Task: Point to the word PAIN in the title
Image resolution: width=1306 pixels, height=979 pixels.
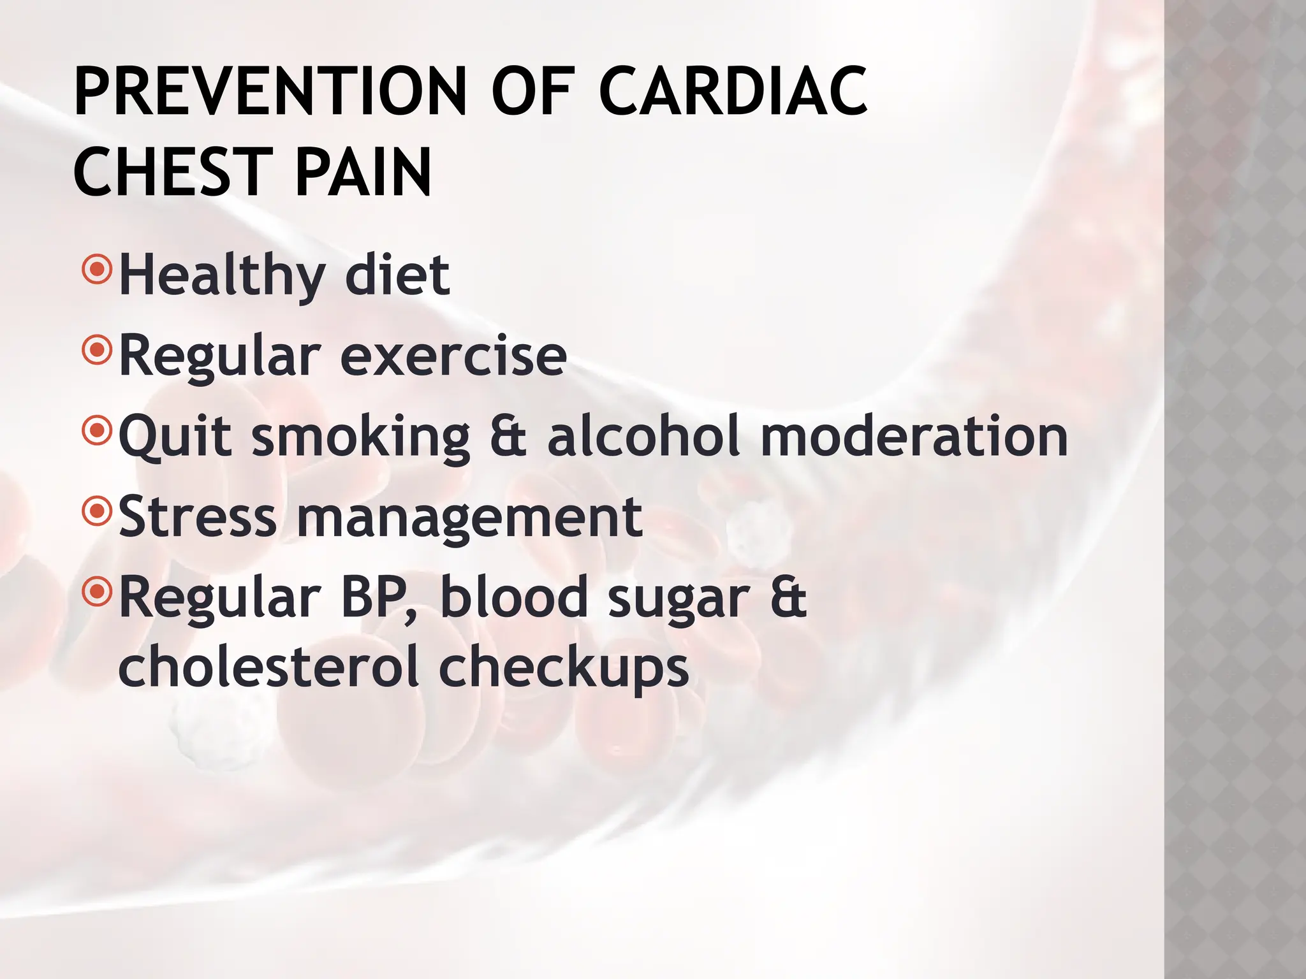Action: pos(363,172)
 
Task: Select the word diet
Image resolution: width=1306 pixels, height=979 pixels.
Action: pos(397,275)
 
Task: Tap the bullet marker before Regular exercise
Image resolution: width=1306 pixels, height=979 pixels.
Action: pos(97,349)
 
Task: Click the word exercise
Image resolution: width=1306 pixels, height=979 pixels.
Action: pos(453,357)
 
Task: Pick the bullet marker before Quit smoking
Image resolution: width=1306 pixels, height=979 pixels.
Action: pos(97,431)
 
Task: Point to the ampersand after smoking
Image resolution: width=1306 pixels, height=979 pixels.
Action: pos(509,437)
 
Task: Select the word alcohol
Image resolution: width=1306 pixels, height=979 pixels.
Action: pos(644,437)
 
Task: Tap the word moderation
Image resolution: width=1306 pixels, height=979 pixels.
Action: pos(914,437)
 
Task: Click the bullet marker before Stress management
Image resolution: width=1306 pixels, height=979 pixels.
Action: pos(97,511)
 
